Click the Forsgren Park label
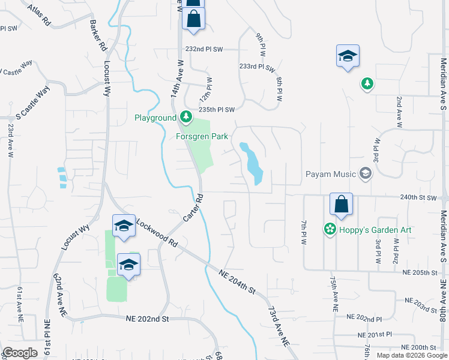pyautogui.click(x=202, y=136)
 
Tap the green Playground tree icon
pyautogui.click(x=187, y=116)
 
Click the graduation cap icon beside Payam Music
pyautogui.click(x=366, y=174)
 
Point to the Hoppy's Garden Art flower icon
pyautogui.click(x=329, y=229)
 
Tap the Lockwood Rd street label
pyautogui.click(x=157, y=233)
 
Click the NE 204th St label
pyautogui.click(x=238, y=281)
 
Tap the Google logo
pyautogui.click(x=20, y=353)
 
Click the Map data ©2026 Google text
pyautogui.click(x=411, y=355)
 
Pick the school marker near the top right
pyautogui.click(x=348, y=56)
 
